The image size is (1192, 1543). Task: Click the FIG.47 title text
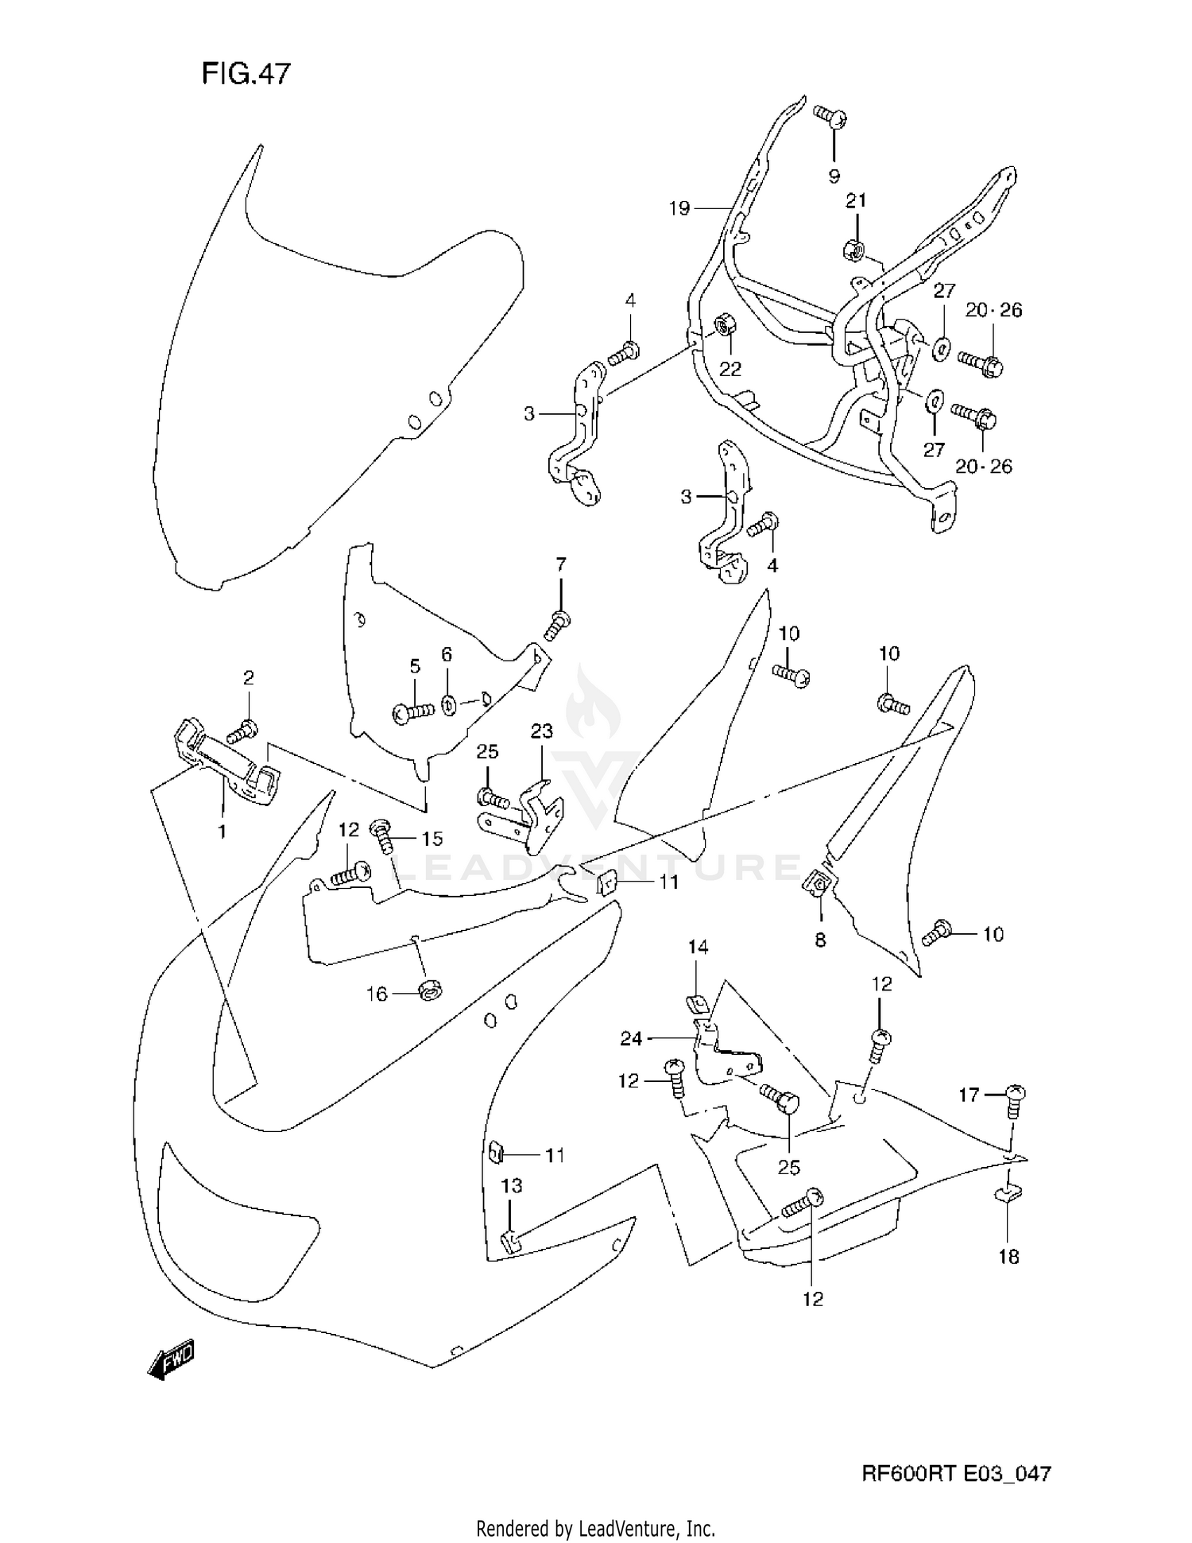246,73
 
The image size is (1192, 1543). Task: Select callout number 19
679,208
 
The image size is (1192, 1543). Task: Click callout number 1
223,832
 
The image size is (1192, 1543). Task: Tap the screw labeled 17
1015,1099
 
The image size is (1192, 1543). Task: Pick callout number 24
631,1038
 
